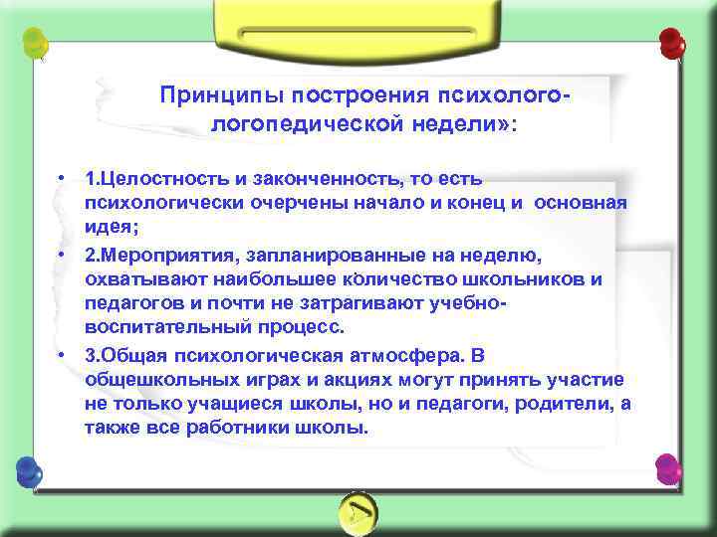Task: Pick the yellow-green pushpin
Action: pyautogui.click(x=36, y=43)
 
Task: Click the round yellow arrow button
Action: pyautogui.click(x=358, y=510)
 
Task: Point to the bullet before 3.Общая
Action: pyautogui.click(x=62, y=355)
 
